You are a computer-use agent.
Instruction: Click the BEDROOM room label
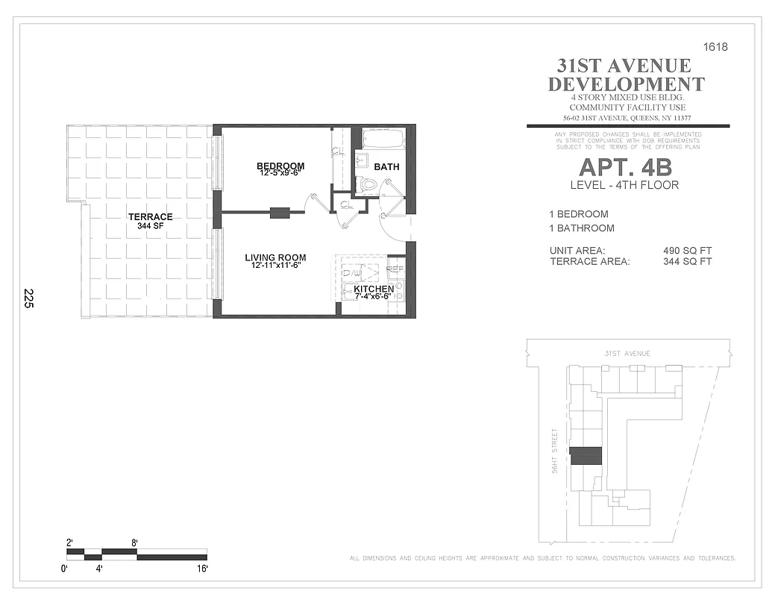pos(280,166)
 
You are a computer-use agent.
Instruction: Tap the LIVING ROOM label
pos(275,258)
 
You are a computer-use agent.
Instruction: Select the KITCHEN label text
pos(374,289)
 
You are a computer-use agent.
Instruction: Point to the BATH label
pos(386,166)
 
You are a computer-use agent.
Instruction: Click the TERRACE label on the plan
pos(150,217)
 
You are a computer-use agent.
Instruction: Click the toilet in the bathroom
pos(365,184)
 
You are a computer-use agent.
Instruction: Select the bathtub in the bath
pos(383,139)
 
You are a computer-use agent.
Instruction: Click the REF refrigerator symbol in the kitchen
pos(395,269)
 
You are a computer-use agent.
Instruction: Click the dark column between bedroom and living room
pos(280,213)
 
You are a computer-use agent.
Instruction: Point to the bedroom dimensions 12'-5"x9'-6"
pos(280,174)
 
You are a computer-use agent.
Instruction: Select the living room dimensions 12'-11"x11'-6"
pos(275,266)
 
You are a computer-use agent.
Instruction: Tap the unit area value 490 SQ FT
pos(688,251)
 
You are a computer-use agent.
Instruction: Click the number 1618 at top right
pos(715,47)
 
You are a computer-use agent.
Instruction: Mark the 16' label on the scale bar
pos(202,569)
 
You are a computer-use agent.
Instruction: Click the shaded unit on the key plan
pos(586,455)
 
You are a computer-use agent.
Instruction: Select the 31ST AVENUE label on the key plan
pos(627,353)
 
